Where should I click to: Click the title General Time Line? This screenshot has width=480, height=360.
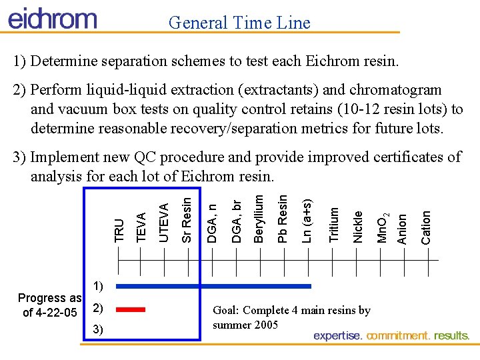[239, 23]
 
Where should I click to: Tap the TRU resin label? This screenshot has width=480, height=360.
[119, 230]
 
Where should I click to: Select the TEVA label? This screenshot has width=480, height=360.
[141, 227]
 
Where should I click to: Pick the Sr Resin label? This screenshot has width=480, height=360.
[187, 217]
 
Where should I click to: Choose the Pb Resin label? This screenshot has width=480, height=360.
[283, 218]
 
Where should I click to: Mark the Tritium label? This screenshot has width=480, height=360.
[335, 225]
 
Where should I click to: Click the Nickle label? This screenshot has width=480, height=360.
[358, 227]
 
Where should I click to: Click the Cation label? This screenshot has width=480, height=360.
[426, 227]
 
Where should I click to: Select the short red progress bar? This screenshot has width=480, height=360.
[131, 309]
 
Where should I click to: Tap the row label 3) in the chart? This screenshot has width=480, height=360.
[97, 330]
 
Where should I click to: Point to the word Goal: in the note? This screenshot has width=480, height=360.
[226, 310]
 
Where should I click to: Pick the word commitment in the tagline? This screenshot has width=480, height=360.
[399, 335]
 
